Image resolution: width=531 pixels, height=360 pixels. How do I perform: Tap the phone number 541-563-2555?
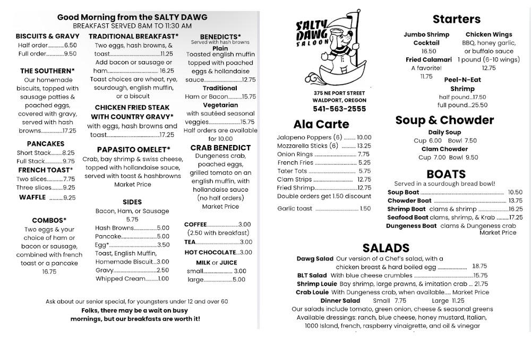coord(339,109)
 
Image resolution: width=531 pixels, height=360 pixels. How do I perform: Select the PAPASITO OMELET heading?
coord(133,150)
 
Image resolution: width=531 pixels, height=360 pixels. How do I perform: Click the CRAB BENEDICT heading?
coord(220,148)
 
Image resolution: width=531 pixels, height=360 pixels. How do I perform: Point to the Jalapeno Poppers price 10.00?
coord(364,138)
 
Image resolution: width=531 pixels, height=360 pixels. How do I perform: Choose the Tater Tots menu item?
coord(292,172)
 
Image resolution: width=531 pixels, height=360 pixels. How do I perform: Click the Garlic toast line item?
coord(295,209)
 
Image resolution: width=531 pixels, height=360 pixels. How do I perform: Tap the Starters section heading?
coord(456,20)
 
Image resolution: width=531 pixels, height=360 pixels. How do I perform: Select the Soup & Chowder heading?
coord(444,120)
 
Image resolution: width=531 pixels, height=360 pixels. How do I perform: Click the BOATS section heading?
coord(446,174)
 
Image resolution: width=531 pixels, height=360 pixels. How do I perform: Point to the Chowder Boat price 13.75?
coord(515,201)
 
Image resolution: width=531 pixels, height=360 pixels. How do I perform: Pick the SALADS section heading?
coord(386,248)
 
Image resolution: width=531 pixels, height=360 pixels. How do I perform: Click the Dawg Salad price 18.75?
coord(479,267)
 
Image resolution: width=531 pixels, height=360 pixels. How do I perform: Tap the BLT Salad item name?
coord(312,276)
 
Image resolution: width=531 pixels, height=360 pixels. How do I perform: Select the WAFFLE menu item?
coord(32,198)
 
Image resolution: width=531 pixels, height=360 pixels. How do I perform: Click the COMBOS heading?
coord(49,220)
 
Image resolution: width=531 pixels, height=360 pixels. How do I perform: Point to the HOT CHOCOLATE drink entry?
coord(210,253)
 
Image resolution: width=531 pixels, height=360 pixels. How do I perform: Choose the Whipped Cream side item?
coord(120,279)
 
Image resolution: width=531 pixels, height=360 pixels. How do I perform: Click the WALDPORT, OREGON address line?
coord(339,100)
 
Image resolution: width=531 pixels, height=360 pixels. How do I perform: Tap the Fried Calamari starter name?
coord(429,60)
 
